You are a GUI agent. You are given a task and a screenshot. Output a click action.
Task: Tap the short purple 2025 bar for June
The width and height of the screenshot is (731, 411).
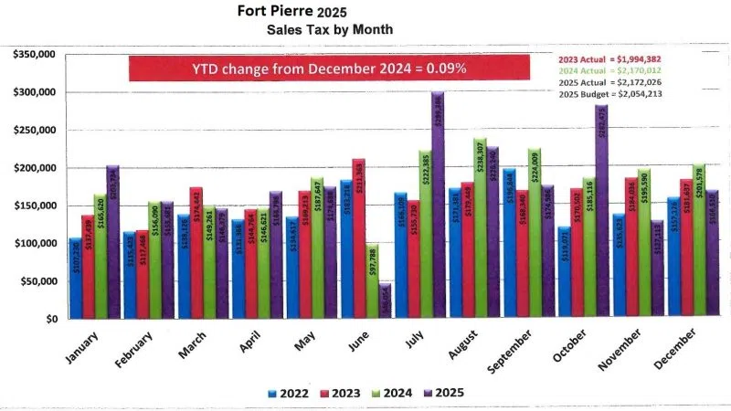384,301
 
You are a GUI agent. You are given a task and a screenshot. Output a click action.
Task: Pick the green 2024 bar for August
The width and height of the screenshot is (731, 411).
479,228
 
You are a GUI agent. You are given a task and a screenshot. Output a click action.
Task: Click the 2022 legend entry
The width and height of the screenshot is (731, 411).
291,394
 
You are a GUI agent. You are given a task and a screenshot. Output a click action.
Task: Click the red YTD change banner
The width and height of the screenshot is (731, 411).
328,68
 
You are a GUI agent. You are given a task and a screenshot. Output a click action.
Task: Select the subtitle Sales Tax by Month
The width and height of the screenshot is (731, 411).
330,29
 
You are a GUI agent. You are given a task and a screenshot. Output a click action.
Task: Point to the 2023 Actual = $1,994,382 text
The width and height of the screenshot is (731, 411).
609,57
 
